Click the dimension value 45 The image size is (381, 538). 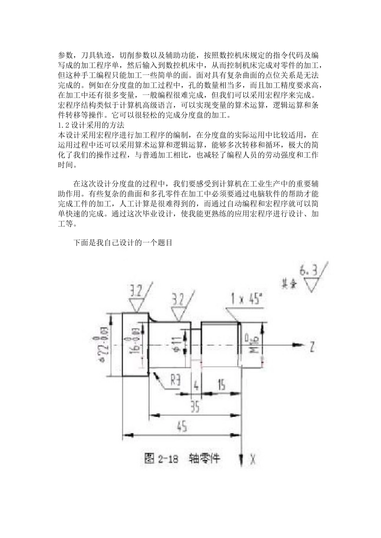click(181, 427)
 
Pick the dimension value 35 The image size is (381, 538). click(195, 408)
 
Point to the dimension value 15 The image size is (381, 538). click(221, 385)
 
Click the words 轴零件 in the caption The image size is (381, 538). click(205, 458)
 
